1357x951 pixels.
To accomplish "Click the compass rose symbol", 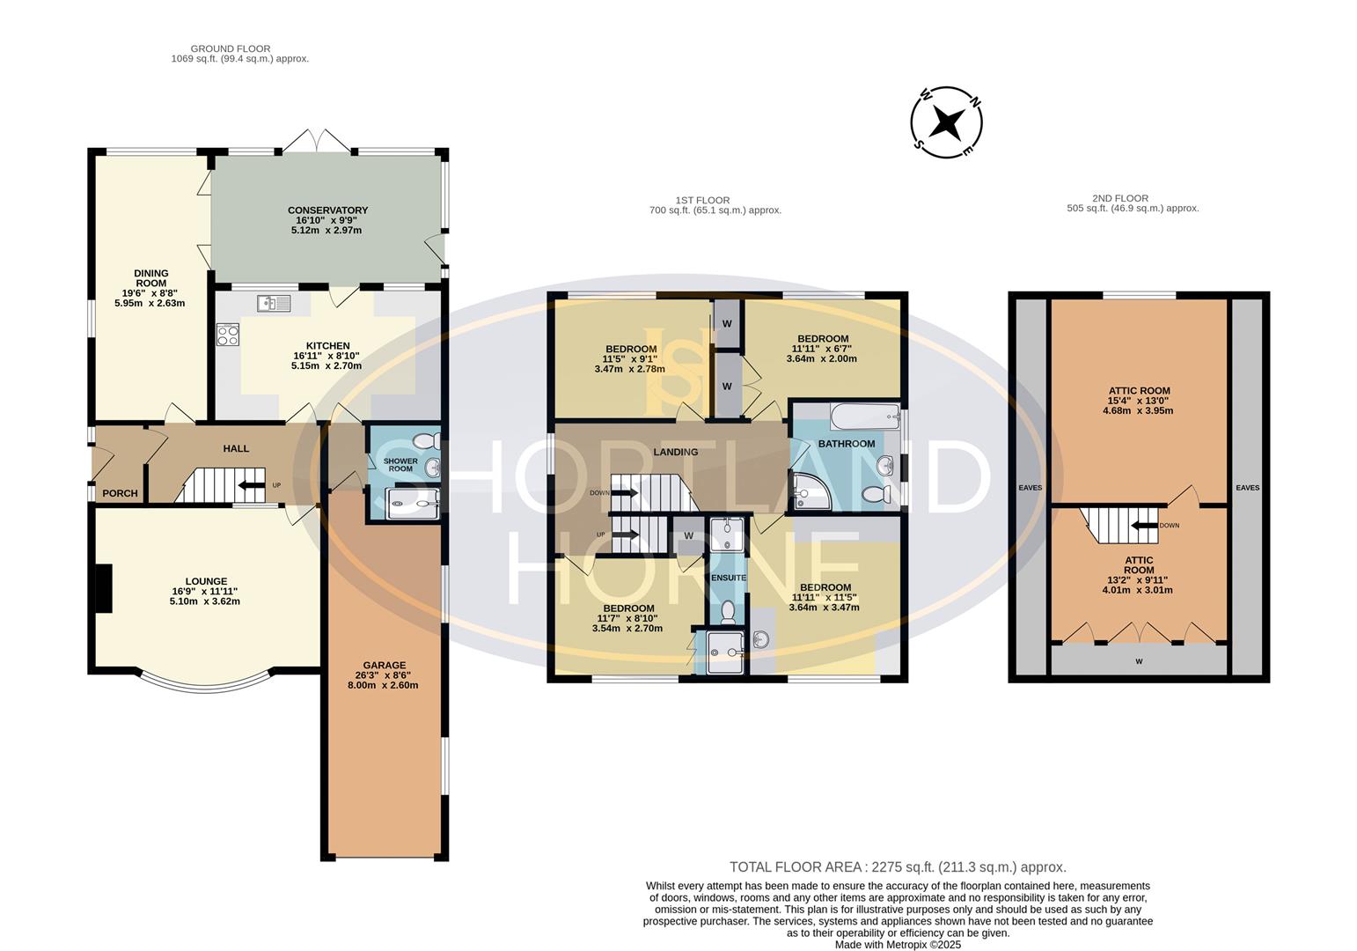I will (x=946, y=122).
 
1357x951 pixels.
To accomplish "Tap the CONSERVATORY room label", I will (x=327, y=210).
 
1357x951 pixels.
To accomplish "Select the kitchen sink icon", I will (x=274, y=304).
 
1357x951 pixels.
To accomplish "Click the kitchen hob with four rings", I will (x=228, y=335).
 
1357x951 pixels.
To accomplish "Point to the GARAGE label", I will (x=385, y=665).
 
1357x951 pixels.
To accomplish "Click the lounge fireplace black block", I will (x=104, y=588).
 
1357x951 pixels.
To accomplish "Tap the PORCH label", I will (x=120, y=493).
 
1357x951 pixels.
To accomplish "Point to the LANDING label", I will (x=675, y=452).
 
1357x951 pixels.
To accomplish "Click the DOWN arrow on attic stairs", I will (x=1145, y=526).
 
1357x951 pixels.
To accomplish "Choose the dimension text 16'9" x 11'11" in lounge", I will (x=205, y=591).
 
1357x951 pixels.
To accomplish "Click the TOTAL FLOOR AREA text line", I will (x=898, y=867).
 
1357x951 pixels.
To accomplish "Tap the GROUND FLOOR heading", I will (x=231, y=48).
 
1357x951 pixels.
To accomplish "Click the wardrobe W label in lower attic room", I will (x=1139, y=660).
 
